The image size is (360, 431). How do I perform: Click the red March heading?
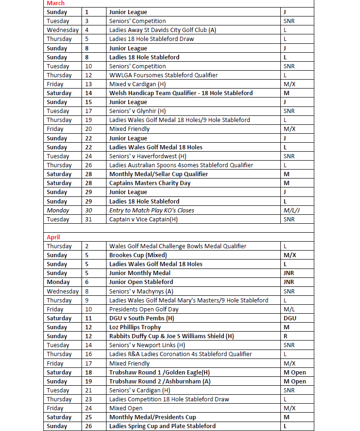click(x=56, y=3)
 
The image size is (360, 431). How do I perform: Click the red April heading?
click(x=53, y=237)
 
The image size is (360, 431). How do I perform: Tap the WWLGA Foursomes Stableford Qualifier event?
click(x=163, y=75)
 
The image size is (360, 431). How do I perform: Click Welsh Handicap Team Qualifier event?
click(x=180, y=93)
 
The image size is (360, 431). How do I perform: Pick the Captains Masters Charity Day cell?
click(x=150, y=183)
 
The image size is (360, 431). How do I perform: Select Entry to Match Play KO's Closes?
click(x=151, y=210)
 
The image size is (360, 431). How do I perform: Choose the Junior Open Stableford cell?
click(x=141, y=282)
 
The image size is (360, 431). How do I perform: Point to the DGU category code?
click(x=290, y=318)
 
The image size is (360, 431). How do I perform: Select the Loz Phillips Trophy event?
click(x=135, y=327)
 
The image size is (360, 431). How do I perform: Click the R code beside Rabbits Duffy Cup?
click(x=286, y=336)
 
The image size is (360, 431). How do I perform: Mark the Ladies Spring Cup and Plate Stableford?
click(x=162, y=426)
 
